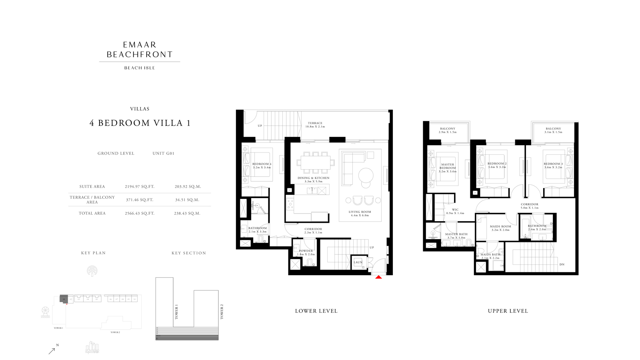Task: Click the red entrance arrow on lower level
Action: tap(378, 277)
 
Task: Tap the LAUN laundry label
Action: tap(358, 262)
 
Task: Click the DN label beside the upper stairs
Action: tap(562, 264)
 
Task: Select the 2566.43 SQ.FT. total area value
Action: tap(139, 214)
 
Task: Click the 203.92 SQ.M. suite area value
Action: tap(188, 186)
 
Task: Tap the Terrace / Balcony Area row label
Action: tap(92, 200)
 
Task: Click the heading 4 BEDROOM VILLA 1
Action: tap(140, 123)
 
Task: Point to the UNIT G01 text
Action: tap(163, 153)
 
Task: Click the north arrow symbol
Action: tap(52, 350)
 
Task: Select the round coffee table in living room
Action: tap(366, 175)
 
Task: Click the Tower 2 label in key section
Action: tap(222, 312)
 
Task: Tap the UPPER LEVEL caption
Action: tap(508, 311)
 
